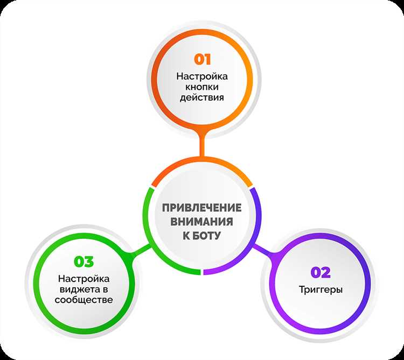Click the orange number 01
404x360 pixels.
coord(202,59)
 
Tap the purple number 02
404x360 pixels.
coord(321,272)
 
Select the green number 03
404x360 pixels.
coord(83,262)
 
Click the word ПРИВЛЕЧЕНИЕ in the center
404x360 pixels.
coord(202,208)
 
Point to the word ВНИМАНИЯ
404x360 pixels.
coord(202,222)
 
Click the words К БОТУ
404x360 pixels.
coord(202,236)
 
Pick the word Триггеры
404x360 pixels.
coord(321,290)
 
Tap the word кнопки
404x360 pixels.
coord(202,87)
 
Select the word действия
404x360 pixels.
coord(202,98)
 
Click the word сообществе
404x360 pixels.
coord(83,300)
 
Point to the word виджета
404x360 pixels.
coord(80,290)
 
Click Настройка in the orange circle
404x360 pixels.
coord(202,76)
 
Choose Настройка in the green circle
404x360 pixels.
coord(83,279)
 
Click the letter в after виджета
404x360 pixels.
coord(105,290)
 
